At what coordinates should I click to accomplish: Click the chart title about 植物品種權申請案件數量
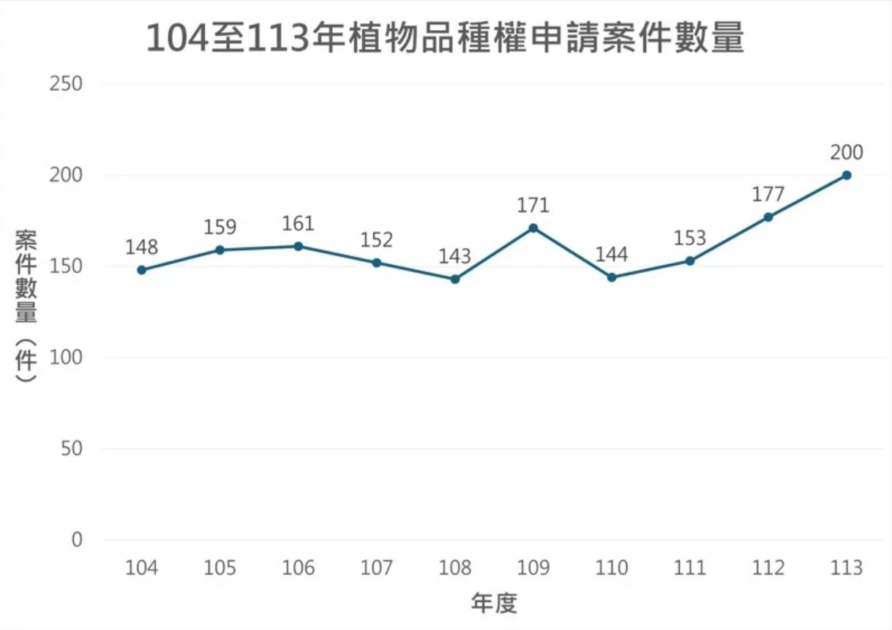point(445,39)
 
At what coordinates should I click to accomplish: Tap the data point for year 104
point(141,270)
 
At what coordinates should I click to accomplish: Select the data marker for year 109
point(533,228)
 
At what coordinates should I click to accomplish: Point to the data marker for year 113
point(847,175)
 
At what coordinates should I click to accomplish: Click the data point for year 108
point(455,279)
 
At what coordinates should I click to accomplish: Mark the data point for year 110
point(612,277)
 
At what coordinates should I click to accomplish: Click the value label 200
point(847,152)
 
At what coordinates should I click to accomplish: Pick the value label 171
point(533,205)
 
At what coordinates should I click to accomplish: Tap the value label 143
point(454,257)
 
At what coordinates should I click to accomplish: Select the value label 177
point(768,195)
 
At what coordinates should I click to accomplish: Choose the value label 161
point(298,223)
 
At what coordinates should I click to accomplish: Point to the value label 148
point(141,247)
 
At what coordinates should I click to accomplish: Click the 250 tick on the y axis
point(65,84)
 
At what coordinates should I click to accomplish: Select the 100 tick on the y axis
point(65,358)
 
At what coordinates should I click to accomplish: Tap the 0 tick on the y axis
point(77,540)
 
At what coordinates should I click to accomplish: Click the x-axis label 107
point(376,568)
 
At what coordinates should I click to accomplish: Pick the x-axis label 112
point(768,568)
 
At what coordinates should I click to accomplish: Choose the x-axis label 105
point(220,568)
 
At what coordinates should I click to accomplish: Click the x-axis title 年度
point(494,604)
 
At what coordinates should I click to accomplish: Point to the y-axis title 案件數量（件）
point(26,307)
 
